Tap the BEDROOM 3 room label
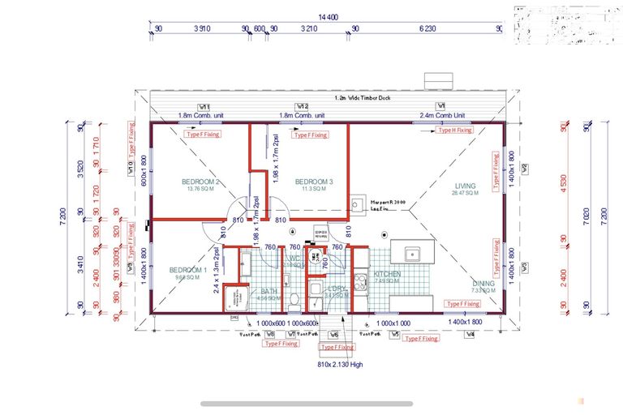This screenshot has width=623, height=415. coord(311,181)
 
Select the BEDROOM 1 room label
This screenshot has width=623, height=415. coord(188,270)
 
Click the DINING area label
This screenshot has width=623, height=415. coord(484,284)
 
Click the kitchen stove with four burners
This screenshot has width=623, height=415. coord(360,280)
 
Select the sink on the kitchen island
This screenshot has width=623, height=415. coord(411,253)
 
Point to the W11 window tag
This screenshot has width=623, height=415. coord(204,106)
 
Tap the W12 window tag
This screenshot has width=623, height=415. coord(302,106)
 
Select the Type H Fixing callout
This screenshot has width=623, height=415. coord(454,130)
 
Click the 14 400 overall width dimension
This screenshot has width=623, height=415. coord(328,16)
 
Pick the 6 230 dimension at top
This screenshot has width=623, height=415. coord(428,29)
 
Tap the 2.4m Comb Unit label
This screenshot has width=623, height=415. coord(442,115)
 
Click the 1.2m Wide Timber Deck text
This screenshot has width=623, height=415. coord(363,97)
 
